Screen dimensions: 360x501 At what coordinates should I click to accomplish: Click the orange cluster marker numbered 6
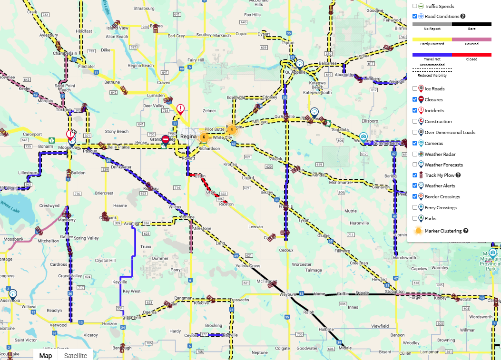(x=204, y=137)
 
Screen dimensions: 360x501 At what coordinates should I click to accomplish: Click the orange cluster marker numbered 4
(x=231, y=129)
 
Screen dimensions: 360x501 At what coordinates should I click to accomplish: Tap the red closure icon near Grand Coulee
(x=165, y=139)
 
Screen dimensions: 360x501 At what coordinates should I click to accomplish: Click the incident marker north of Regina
(x=180, y=109)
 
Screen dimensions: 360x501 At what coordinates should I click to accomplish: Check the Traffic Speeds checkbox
(x=415, y=6)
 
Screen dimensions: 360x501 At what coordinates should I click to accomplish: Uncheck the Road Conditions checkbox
(x=415, y=16)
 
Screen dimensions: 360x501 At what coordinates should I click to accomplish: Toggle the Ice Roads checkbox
(x=415, y=88)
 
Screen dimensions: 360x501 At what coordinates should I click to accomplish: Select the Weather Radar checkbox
(x=415, y=154)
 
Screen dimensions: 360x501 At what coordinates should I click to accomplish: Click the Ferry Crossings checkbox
(x=415, y=207)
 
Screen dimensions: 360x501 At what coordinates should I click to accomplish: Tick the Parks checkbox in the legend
(x=415, y=218)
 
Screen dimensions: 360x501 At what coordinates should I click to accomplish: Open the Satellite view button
(x=76, y=355)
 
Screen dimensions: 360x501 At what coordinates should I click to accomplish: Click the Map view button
(x=46, y=355)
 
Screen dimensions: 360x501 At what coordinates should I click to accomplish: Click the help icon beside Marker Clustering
(x=466, y=231)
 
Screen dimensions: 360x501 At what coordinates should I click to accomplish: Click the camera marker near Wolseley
(x=363, y=137)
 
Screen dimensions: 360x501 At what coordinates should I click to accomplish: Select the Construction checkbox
(x=415, y=121)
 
